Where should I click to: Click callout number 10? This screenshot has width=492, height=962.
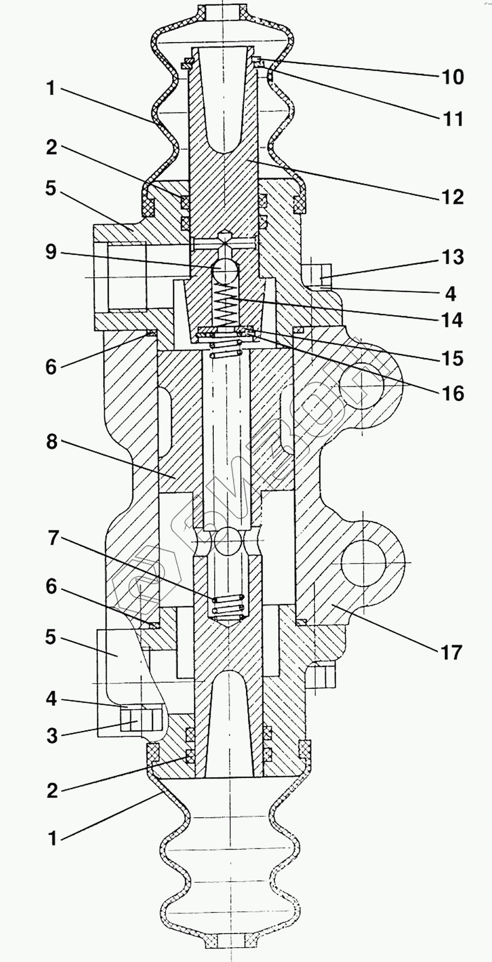point(453,77)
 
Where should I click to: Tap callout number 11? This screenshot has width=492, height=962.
point(453,119)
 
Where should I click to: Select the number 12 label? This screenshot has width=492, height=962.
point(453,197)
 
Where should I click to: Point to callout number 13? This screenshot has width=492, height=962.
point(453,257)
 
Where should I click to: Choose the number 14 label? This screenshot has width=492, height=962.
point(453,320)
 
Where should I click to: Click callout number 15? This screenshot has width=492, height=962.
point(453,358)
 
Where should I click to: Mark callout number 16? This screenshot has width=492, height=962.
point(453,393)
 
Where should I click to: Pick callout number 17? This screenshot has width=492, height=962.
point(452,652)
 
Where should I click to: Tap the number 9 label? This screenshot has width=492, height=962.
point(51,252)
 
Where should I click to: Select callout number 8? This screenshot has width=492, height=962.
point(51,441)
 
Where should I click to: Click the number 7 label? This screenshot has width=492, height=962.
point(52,538)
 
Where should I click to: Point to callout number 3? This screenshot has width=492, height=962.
point(52,735)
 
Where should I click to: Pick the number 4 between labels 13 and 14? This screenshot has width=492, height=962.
point(450,293)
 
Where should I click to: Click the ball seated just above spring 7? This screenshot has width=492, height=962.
point(228,542)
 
